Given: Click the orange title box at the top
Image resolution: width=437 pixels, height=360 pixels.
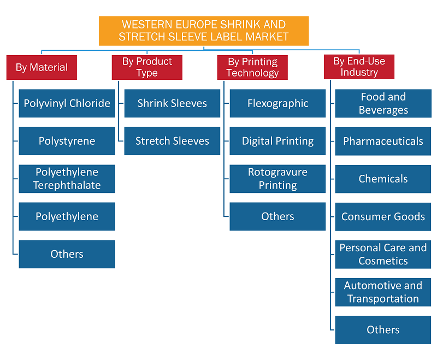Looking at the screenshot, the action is pos(204,31).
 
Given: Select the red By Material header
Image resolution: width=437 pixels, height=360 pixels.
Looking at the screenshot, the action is pos(42,67).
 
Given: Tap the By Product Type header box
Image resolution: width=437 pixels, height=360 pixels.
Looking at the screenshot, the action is pos(147,67).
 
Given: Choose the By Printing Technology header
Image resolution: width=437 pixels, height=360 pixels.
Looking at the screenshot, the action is pos(252,67).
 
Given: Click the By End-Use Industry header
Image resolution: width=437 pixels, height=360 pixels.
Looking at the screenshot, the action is pos(359,67).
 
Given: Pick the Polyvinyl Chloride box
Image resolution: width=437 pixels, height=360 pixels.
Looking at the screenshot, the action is pos(67,103).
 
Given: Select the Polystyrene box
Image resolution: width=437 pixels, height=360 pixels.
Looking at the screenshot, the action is pos(67,141).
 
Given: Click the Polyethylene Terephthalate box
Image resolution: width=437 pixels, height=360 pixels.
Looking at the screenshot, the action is pos(67,179).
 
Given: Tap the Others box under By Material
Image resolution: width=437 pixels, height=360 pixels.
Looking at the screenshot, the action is pos(67,254).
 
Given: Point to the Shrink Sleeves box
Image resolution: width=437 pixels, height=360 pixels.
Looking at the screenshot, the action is pos(172,103).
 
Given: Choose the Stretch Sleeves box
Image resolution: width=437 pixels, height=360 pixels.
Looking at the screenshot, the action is pos(172,141).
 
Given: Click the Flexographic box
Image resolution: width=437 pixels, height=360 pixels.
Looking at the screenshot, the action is pos(277,103).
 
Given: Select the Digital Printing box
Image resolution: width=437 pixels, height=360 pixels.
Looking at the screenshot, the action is pos(277,141).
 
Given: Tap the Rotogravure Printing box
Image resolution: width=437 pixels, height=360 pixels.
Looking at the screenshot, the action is pos(277,179).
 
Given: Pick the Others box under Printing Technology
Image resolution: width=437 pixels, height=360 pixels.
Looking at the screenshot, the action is pos(277,216).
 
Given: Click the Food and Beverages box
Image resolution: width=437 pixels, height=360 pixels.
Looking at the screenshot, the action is pos(383,103).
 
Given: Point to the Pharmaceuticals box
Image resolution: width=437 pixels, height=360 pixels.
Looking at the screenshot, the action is pos(383,141).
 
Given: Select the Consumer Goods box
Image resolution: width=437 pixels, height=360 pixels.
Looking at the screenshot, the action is pos(383,217).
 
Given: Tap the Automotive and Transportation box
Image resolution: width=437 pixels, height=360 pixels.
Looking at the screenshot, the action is pos(383,292).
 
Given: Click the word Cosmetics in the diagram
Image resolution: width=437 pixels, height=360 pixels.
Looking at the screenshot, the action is pos(383,261).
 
